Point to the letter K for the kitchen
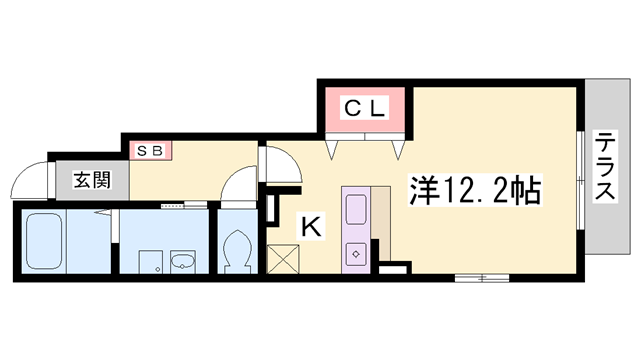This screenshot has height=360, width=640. click(311, 228)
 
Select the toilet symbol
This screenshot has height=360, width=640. click(239, 248)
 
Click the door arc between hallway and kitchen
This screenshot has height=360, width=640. click(272, 160)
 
